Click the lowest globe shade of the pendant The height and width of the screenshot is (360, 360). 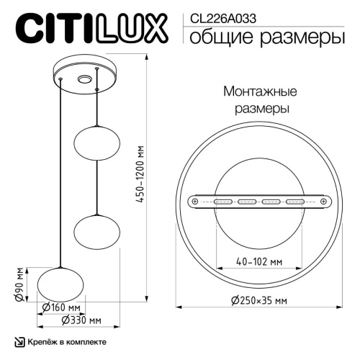click(58, 282)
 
